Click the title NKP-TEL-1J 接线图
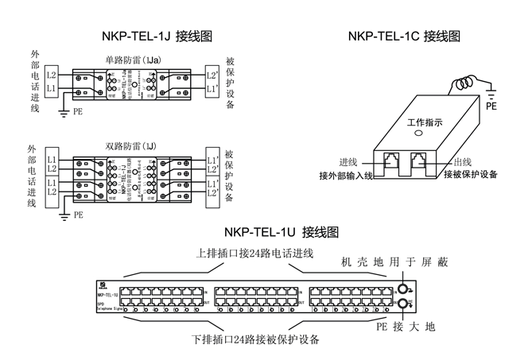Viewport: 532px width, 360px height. (157, 36)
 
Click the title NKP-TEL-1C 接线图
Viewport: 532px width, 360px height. (405, 36)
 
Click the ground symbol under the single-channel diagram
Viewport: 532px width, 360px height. (63, 113)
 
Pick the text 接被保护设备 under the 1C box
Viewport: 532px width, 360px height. (470, 175)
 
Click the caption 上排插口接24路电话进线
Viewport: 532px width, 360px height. (256, 254)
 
